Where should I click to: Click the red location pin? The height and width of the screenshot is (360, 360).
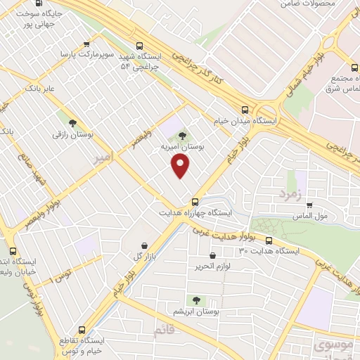(x=181, y=166)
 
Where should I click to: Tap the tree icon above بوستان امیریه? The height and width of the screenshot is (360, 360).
(x=183, y=136)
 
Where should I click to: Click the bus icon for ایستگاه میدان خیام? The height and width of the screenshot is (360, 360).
(x=245, y=110)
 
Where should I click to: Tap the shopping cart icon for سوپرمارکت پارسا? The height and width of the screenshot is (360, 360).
(x=86, y=43)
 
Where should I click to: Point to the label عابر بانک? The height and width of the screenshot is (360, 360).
(x=40, y=90)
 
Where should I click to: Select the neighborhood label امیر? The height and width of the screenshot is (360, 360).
(x=103, y=160)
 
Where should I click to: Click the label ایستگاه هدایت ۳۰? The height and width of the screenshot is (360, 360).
(x=269, y=250)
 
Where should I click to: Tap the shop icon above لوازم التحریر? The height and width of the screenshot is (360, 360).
(x=212, y=256)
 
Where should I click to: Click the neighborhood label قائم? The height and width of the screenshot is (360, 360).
(x=162, y=330)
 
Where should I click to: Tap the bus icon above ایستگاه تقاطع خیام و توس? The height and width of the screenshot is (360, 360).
(x=82, y=329)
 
